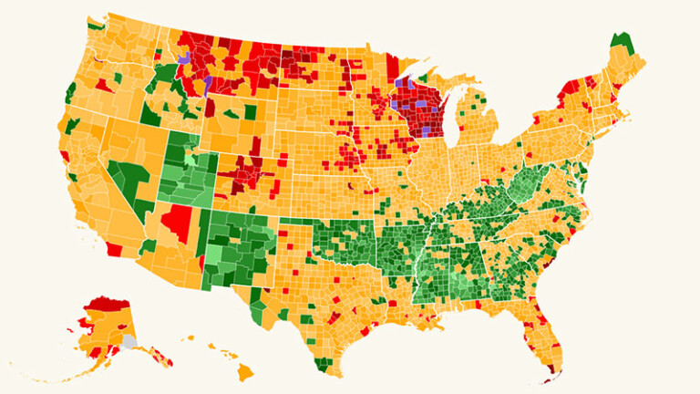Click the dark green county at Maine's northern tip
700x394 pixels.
click(x=623, y=41)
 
